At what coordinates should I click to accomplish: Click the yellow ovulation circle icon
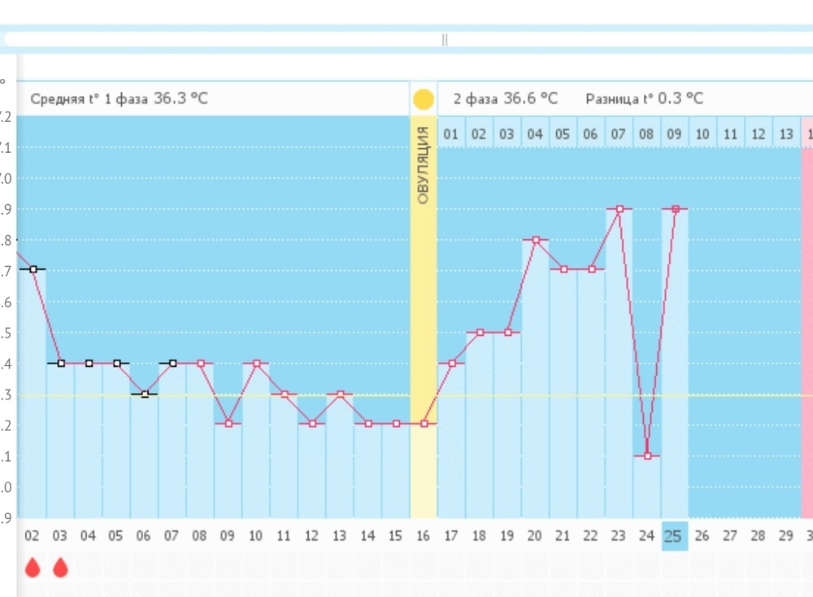[x=424, y=99]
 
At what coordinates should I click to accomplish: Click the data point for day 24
[x=648, y=455]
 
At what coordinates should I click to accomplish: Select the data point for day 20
[x=536, y=240]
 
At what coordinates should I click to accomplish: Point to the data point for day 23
[x=620, y=209]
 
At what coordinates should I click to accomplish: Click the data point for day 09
[x=228, y=424]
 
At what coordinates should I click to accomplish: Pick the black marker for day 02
[x=33, y=268]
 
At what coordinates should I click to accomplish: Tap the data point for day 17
[x=452, y=363]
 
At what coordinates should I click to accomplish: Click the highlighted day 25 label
[x=675, y=537]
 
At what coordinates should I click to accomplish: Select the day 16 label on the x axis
[x=423, y=537]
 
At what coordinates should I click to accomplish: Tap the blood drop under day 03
[x=60, y=568]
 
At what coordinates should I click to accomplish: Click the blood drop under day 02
[x=33, y=568]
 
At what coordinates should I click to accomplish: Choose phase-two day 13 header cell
[x=786, y=134]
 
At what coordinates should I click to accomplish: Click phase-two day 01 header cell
[x=451, y=134]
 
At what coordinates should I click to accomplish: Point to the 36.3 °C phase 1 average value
[x=180, y=99]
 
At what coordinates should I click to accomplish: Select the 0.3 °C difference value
[x=681, y=99]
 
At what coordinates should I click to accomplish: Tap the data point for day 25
[x=676, y=209]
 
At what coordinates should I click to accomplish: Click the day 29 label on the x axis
[x=786, y=537]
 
